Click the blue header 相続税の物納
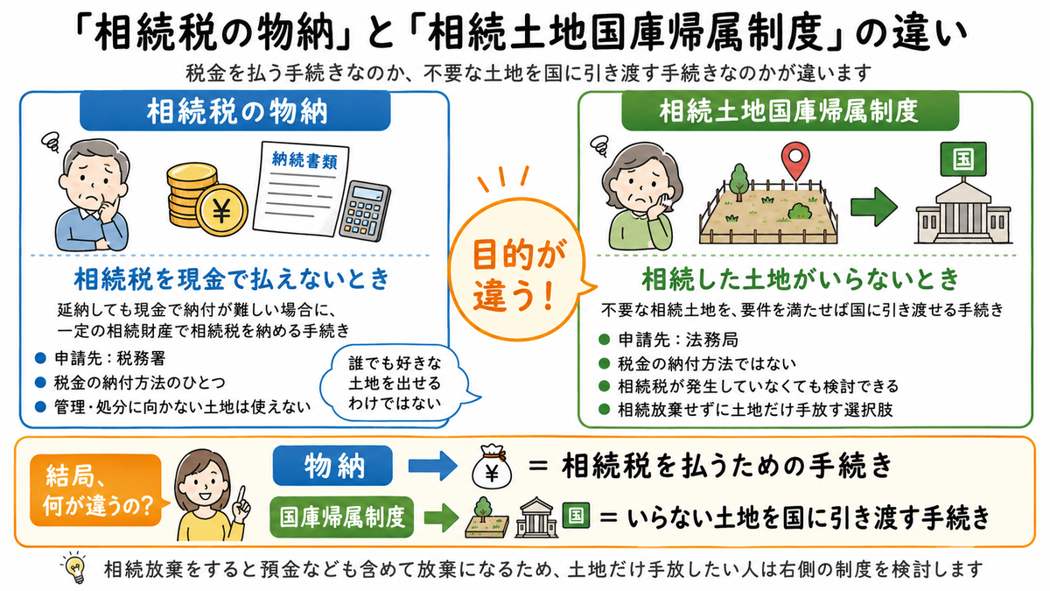coord(234,111)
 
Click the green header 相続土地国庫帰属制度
coord(790,111)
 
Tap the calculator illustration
coord(365,211)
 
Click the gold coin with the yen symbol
coord(221,210)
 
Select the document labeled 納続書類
coord(301,188)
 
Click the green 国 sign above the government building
coord(962,159)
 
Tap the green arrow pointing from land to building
coord(874,207)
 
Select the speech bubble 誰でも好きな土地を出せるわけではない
coord(396,383)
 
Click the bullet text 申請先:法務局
coord(678,339)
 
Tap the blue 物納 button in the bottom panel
coord(332,466)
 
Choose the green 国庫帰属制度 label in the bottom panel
coord(342,517)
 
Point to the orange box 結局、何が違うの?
coord(96,490)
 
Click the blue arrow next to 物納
coord(432,466)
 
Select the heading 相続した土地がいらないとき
coord(801,279)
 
